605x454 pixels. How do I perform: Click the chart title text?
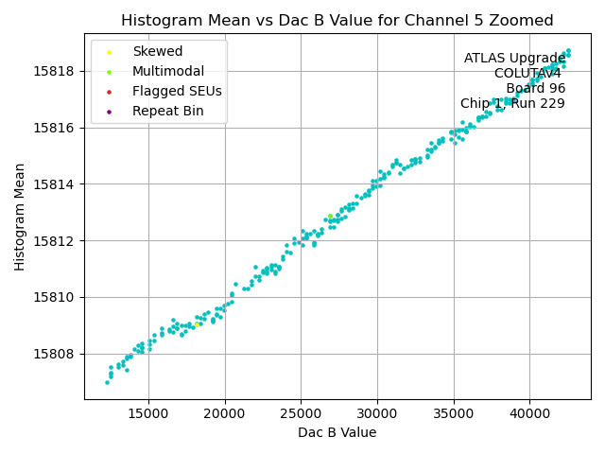point(337,21)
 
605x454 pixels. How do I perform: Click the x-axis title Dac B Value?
point(337,432)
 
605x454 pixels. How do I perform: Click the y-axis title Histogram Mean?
point(20,217)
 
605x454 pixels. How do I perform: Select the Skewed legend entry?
point(157,51)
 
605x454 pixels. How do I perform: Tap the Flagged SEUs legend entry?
point(177,92)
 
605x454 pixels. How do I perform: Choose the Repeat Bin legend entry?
point(167,112)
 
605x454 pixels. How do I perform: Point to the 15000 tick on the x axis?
point(147,412)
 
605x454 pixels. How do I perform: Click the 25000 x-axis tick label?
point(301,412)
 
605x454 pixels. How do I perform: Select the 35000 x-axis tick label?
point(453,412)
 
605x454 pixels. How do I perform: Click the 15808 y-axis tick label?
point(58,354)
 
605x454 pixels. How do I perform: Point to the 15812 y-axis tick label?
point(58,240)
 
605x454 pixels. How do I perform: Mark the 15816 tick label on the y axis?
point(58,128)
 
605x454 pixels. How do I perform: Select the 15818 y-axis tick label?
point(58,71)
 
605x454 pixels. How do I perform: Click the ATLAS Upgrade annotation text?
point(514,59)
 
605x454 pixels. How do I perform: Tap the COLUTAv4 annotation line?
point(527,74)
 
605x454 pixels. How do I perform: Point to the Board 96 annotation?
point(535,89)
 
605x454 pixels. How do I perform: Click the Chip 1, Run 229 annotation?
point(512,104)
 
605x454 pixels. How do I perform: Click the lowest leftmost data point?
point(107,382)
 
